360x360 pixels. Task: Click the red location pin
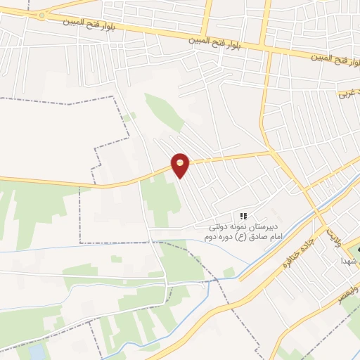tap(181, 165)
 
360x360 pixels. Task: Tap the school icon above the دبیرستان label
tap(243, 216)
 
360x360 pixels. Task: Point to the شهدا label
tap(350, 260)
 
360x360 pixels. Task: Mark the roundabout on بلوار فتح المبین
tap(44, 15)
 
